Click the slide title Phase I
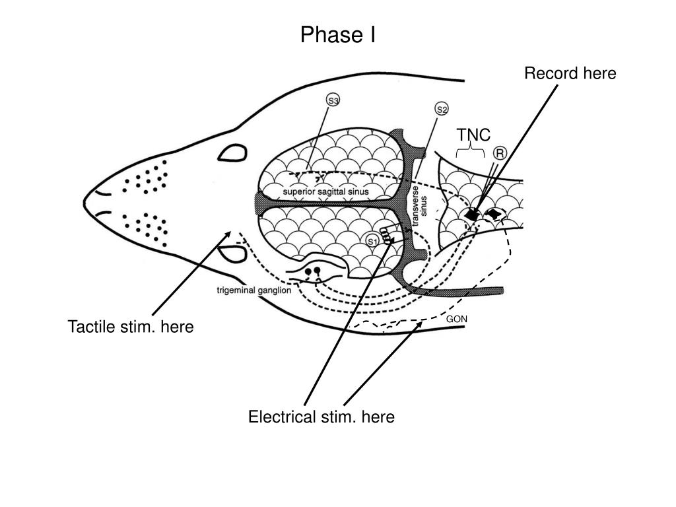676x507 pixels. click(x=338, y=34)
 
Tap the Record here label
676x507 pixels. click(x=570, y=73)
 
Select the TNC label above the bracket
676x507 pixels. click(x=474, y=135)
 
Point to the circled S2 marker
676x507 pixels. click(x=442, y=108)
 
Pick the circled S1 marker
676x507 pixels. click(x=372, y=241)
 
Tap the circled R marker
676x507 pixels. click(x=500, y=153)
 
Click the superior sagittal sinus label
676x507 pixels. click(x=325, y=191)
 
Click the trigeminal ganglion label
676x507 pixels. click(x=254, y=290)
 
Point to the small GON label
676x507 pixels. click(x=457, y=319)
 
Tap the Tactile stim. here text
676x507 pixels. click(x=131, y=327)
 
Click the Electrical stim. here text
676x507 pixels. click(x=321, y=417)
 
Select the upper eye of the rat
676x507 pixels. click(x=232, y=154)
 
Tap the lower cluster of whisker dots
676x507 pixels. click(x=146, y=226)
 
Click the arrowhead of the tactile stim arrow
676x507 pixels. click(x=228, y=233)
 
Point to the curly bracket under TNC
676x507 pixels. click(x=471, y=151)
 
